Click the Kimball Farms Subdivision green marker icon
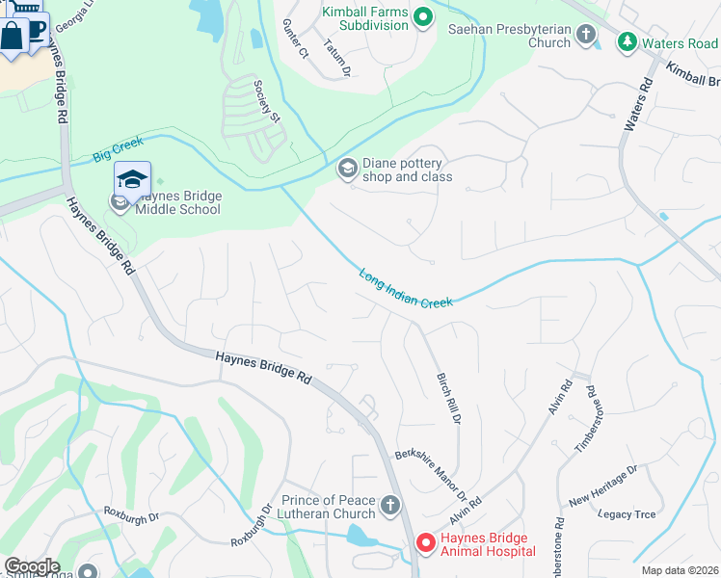pyautogui.click(x=421, y=16)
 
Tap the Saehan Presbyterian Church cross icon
pyautogui.click(x=585, y=36)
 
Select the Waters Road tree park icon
pyautogui.click(x=628, y=42)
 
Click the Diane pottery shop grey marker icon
pyautogui.click(x=346, y=170)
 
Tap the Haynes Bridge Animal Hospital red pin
pyautogui.click(x=424, y=544)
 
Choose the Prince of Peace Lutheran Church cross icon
pyautogui.click(x=390, y=506)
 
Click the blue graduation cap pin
pyautogui.click(x=132, y=178)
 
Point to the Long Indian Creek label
pyautogui.click(x=406, y=289)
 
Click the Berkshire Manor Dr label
pyautogui.click(x=438, y=475)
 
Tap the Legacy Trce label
pyautogui.click(x=627, y=514)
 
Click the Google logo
pyautogui.click(x=32, y=565)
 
